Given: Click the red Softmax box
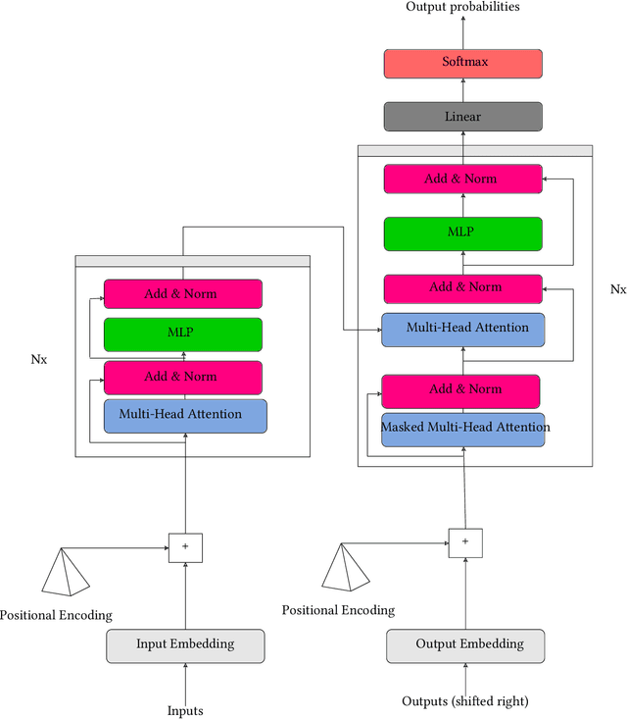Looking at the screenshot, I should coord(462,63).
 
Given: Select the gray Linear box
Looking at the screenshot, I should coord(462,117).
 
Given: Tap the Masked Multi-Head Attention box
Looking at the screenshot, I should coord(462,428).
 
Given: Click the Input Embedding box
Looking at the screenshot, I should coord(185,644).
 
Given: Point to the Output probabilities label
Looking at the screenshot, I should coord(462,7).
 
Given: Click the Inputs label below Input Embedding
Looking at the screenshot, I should coord(185,710).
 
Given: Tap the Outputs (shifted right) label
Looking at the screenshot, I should coord(465,701).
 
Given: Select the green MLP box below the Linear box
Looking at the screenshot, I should coord(462,233).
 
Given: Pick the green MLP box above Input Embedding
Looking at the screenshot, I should coord(183,334).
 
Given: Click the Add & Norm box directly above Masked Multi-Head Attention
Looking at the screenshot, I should coord(462,390).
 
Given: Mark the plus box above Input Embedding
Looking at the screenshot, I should coord(185,546).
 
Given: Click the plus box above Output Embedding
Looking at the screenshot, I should coord(465,541).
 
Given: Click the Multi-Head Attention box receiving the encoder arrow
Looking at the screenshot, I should coord(462,329).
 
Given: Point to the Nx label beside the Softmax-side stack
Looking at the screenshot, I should coord(617,289).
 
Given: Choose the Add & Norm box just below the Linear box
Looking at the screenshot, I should coord(462,179).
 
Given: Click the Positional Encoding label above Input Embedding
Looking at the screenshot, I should coord(56,616).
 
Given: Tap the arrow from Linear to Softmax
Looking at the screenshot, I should coord(462,90).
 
